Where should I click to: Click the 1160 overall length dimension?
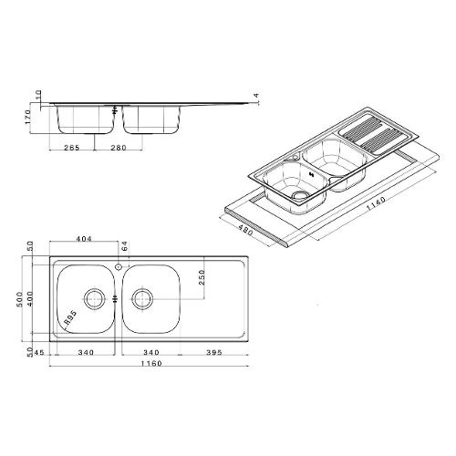(151, 363)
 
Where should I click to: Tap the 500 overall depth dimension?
(20, 299)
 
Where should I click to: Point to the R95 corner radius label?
(70, 318)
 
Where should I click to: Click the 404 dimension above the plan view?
(83, 239)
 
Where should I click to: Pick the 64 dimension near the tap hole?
(125, 246)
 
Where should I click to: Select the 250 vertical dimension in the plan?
(202, 278)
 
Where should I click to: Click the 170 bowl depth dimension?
(27, 117)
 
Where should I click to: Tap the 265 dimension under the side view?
(72, 148)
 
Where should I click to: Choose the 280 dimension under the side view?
(119, 148)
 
